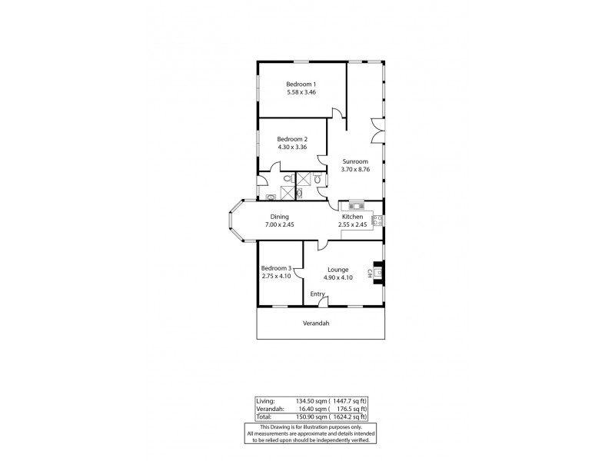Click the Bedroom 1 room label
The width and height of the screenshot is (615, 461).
(302, 84)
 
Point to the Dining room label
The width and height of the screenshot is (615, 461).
(279, 217)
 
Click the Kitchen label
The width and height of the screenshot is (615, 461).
(353, 217)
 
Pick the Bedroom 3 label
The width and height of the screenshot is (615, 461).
(276, 267)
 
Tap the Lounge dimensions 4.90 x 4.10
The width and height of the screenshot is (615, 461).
(338, 277)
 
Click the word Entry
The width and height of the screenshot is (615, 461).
(317, 294)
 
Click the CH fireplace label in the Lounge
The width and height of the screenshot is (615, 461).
(370, 273)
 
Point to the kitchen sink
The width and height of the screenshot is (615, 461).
(356, 205)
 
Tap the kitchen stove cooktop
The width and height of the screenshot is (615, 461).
(377, 221)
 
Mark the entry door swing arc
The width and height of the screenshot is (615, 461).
(332, 303)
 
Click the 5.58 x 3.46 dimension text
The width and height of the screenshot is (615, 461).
(302, 92)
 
